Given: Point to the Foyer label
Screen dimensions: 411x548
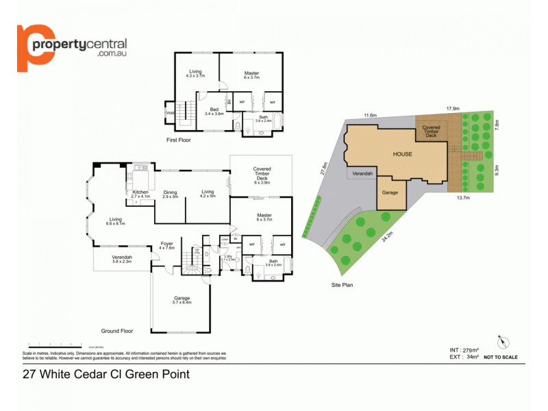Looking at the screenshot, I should click(166, 244).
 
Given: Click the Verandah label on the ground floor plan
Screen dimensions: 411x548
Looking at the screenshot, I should click(122, 259).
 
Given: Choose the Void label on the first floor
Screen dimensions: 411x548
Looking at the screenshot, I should click(169, 112).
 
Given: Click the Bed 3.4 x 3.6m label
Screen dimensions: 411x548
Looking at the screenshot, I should click(214, 112).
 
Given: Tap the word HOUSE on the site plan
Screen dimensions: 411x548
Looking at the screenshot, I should click(402, 154).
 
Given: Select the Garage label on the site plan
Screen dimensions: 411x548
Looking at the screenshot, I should click(390, 192).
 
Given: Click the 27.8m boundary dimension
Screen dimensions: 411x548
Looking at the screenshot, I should click(325, 169).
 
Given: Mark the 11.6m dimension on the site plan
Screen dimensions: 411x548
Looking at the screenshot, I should click(371, 115).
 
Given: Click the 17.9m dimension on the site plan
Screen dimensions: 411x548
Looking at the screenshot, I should click(452, 108).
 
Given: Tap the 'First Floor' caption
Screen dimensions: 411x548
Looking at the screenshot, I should click(179, 140).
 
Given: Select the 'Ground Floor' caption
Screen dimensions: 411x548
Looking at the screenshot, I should click(116, 329).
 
